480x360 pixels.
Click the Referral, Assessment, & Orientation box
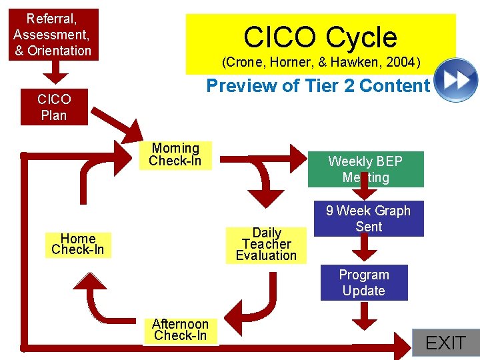[x=53, y=34]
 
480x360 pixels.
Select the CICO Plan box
[x=54, y=107]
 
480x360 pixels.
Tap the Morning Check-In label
[x=175, y=155]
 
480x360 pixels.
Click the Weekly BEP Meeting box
[x=365, y=169]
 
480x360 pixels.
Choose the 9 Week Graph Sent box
[x=369, y=219]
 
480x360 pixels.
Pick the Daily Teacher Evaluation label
[x=267, y=244]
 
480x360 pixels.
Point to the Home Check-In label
[x=78, y=244]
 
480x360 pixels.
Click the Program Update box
[x=364, y=283]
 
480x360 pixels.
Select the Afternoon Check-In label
[x=181, y=330]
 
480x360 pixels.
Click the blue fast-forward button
[x=456, y=80]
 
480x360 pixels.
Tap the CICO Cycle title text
[x=320, y=37]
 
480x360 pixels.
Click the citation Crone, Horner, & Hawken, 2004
[x=321, y=63]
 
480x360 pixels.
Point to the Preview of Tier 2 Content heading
[x=318, y=86]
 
